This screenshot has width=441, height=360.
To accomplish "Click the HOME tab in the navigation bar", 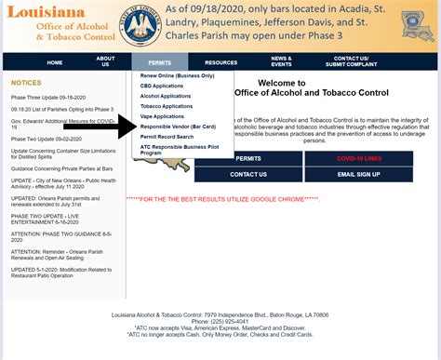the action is [x=55, y=62].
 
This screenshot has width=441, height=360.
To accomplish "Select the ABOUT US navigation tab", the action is [x=106, y=62].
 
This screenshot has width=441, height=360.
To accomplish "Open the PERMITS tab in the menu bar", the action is [x=159, y=62].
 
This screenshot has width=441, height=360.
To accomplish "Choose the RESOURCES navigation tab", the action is [x=220, y=62].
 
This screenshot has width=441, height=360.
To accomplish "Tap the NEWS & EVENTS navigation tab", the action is [x=281, y=62].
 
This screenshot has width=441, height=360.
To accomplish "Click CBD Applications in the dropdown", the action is [x=163, y=87].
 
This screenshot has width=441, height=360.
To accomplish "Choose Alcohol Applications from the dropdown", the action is [x=167, y=96].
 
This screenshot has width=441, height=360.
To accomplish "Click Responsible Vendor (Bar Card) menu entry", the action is [x=179, y=126].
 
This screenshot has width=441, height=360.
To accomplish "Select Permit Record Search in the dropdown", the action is [x=168, y=136].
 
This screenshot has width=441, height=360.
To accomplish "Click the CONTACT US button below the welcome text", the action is [x=247, y=174].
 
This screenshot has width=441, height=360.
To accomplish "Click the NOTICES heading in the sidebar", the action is [x=26, y=83].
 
